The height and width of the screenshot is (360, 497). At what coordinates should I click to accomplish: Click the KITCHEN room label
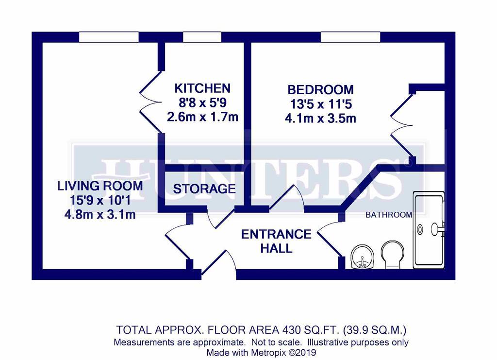point(202,88)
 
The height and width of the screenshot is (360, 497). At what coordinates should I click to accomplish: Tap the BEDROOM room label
point(320,90)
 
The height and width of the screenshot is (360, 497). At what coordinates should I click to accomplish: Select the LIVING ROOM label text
point(100,186)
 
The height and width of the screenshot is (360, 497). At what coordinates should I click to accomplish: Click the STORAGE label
point(204,189)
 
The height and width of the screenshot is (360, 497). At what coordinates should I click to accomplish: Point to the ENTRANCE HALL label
point(276,241)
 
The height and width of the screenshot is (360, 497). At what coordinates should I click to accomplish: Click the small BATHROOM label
point(389,215)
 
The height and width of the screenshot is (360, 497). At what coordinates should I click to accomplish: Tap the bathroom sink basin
point(361,257)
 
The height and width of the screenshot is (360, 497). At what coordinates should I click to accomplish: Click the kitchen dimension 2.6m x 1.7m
point(202,117)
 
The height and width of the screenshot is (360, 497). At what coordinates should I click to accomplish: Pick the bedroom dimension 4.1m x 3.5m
point(320,118)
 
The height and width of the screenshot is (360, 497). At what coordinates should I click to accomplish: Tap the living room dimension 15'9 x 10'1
point(100,200)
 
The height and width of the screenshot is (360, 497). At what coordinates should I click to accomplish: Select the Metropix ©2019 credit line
point(261,352)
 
